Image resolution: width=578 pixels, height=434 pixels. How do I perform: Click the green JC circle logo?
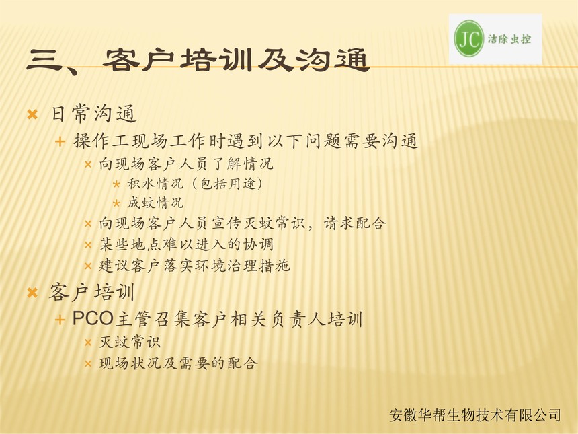[x=469, y=38]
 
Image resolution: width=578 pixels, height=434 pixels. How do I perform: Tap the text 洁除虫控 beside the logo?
[x=509, y=39]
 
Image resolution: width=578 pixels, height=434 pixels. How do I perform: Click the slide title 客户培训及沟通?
[x=237, y=60]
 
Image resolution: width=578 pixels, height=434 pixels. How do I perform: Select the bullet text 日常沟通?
[x=93, y=114]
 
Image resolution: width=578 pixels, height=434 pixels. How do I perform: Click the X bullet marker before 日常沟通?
[x=32, y=115]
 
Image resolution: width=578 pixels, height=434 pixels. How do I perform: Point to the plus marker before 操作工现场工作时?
[x=60, y=141]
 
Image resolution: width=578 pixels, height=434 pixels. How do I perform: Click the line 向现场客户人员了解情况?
[x=186, y=164]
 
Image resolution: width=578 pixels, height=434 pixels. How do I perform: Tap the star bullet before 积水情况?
[x=116, y=184]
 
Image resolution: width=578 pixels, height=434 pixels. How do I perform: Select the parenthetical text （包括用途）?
[x=227, y=184]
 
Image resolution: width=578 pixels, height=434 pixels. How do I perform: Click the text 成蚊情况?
[x=155, y=203]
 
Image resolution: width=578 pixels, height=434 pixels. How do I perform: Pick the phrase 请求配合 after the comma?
[x=355, y=223]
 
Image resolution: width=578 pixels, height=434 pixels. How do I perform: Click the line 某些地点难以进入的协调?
[x=186, y=244]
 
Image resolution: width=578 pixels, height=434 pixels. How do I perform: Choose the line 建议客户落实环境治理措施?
[x=194, y=266]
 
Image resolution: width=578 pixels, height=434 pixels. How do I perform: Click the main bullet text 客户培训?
[x=92, y=292]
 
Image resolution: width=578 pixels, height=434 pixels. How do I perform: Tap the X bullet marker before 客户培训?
[x=32, y=293]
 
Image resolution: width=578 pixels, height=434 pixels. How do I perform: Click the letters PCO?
[x=92, y=318]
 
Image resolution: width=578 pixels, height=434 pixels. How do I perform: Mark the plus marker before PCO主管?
[x=60, y=320]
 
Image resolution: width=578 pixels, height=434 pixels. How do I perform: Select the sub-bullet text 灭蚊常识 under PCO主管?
[x=130, y=342]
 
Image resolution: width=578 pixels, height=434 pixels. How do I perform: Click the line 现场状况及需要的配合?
[x=178, y=363]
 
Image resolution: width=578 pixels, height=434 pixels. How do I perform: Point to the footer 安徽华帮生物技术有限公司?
[x=475, y=415]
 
